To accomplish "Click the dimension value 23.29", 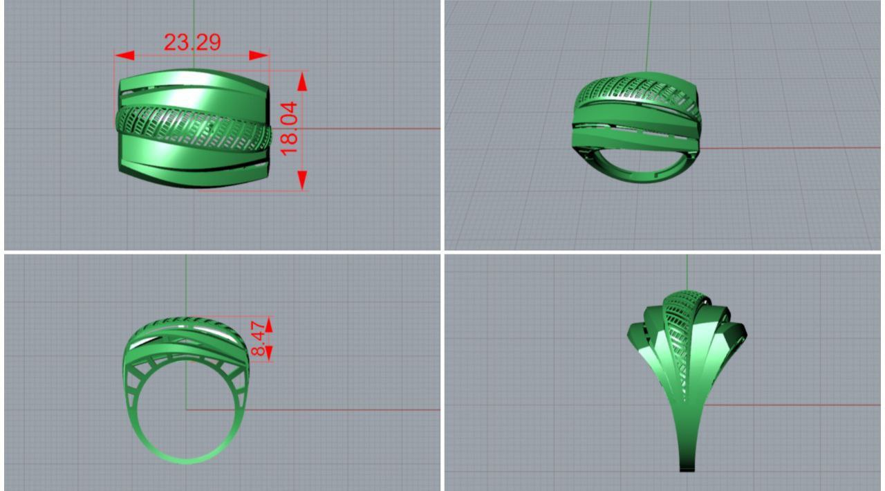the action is coord(192,42).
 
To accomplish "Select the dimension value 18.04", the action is coord(289,129).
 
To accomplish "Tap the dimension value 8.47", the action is coord(259,339).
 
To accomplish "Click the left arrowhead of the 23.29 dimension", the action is coord(124,55).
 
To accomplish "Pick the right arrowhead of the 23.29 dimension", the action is coord(259,55).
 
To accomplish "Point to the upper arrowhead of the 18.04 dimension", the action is coord(303,82).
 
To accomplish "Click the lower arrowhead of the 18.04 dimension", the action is coord(303,180).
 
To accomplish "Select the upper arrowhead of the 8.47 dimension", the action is coord(270,325).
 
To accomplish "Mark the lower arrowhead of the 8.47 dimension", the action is coord(270,353).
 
